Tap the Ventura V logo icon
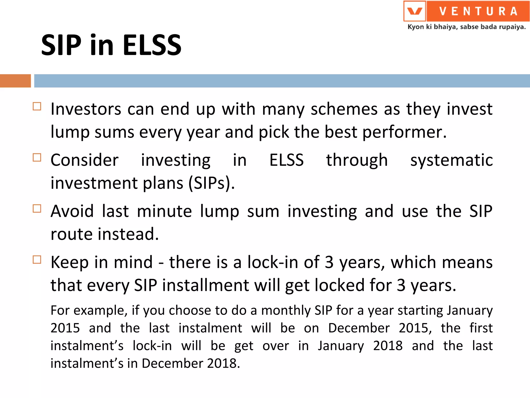415,11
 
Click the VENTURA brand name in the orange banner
478,11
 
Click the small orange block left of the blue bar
15,81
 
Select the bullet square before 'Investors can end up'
37,106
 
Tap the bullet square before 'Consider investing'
37,158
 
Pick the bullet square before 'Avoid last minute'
37,209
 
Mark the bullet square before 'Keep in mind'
37,260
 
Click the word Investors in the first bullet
86,109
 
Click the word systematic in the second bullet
451,160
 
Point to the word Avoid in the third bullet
72,211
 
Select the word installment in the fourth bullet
206,285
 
